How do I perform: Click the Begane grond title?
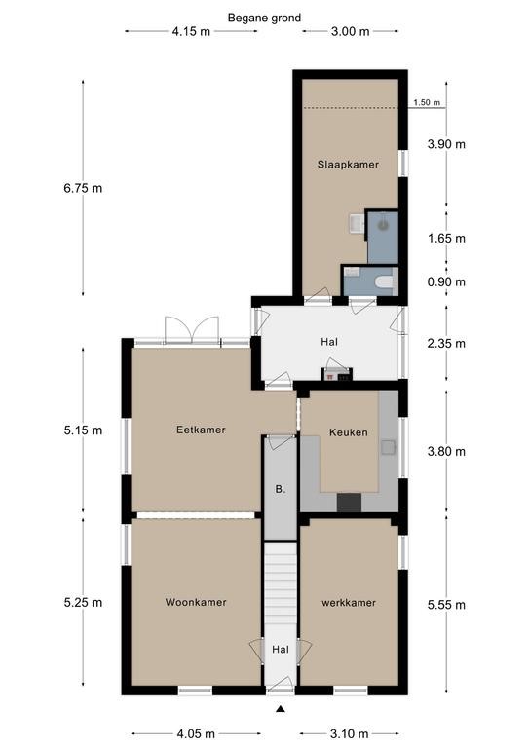(264, 19)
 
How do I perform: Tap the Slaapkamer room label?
(348, 165)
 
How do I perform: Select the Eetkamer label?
(201, 430)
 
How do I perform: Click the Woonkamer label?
(196, 602)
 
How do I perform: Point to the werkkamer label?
(349, 603)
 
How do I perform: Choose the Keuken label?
(349, 432)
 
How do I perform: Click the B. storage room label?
(281, 489)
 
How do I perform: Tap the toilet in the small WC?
(385, 281)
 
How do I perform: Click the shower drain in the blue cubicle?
(384, 224)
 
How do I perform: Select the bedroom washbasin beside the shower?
(357, 224)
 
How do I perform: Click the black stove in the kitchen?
(349, 503)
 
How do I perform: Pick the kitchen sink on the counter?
(388, 447)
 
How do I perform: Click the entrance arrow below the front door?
(281, 709)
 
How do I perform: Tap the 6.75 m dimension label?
(83, 188)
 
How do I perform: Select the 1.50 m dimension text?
(427, 102)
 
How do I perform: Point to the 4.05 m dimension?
(196, 733)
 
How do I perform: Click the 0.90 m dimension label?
(446, 281)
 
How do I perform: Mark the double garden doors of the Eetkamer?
(192, 330)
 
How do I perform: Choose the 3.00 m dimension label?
(350, 31)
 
